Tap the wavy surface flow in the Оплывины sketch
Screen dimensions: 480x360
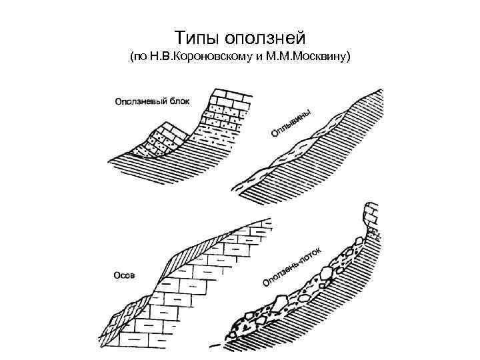point(293,150)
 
